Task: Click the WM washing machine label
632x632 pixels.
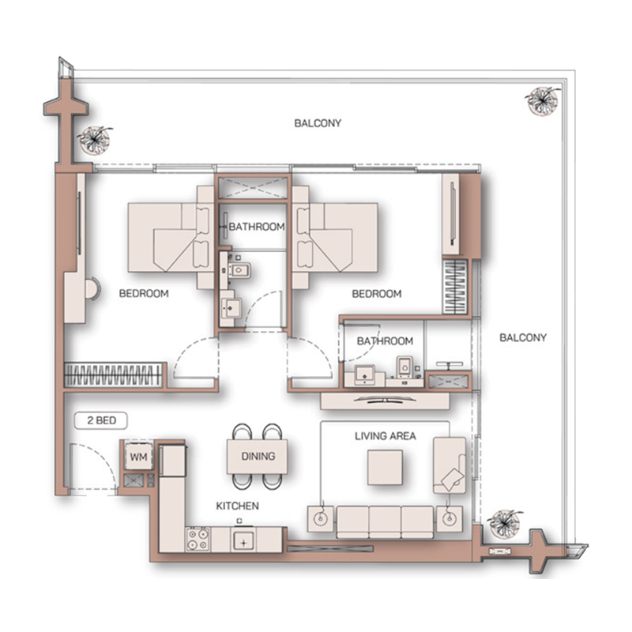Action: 138,457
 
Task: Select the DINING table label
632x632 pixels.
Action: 258,456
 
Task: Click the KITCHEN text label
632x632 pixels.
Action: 238,506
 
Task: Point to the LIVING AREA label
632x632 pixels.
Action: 385,435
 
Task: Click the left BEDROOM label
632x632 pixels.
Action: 144,294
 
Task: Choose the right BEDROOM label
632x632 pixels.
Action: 376,294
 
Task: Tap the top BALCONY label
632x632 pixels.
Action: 318,123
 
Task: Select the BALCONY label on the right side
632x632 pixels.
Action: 523,337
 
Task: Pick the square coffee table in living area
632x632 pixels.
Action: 388,466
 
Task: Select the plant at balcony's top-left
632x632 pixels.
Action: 95,140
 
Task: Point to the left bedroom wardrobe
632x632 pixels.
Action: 114,374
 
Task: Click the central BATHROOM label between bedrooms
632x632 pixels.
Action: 256,227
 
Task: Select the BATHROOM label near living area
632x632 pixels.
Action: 385,341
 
